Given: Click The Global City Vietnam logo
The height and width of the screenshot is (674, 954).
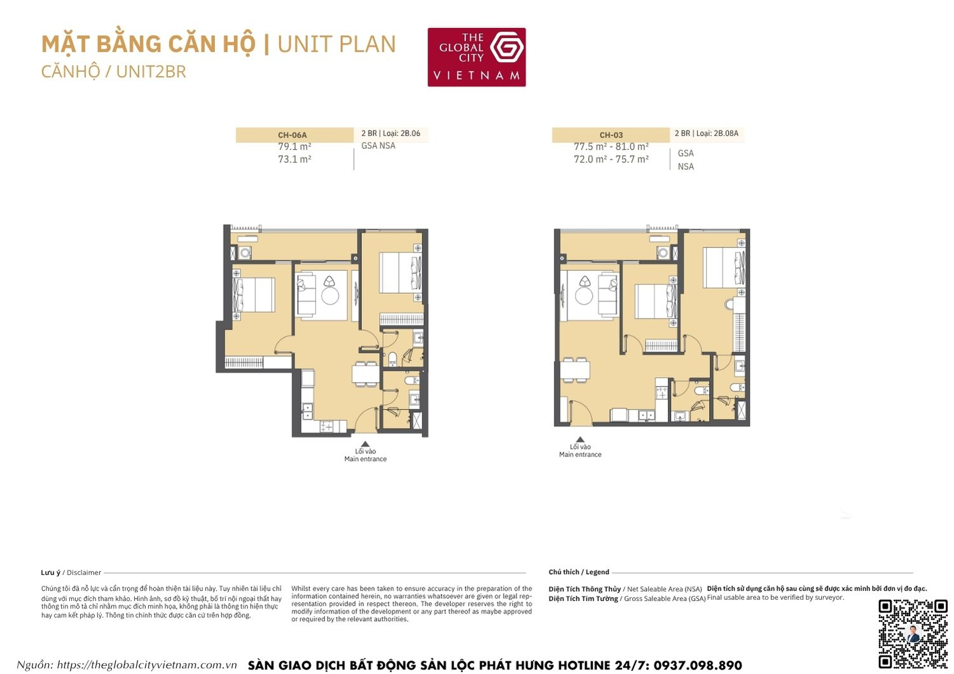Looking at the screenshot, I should [x=476, y=57].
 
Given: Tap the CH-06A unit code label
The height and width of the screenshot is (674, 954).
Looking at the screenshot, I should [x=293, y=135].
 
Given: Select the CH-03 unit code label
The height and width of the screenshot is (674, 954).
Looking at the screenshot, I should [x=611, y=135].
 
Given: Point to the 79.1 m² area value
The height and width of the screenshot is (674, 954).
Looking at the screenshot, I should [x=294, y=147].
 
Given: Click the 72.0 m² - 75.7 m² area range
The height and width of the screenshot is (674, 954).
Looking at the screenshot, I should [x=611, y=160].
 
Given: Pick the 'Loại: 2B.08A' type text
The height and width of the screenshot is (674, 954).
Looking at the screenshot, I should [x=717, y=134].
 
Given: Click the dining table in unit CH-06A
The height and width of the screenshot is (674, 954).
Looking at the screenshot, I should [x=365, y=373].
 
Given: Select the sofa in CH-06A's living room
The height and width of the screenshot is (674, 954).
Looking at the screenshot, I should [x=306, y=294].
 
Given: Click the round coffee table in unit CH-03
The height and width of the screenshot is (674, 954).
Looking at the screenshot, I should [x=584, y=296].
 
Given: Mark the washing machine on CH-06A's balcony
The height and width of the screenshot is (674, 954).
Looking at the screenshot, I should [x=245, y=253].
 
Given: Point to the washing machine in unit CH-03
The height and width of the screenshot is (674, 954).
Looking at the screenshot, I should [x=663, y=253].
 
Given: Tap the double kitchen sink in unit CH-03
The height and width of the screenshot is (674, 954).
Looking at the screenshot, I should [x=646, y=416].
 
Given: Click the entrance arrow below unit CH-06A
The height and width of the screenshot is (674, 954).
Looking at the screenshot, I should [x=365, y=444].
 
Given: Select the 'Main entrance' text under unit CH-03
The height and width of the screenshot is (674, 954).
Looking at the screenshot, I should [x=580, y=455].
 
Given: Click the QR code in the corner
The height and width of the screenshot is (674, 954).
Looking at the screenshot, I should [x=913, y=633].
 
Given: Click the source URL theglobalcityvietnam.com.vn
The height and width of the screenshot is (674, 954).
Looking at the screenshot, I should [x=146, y=665].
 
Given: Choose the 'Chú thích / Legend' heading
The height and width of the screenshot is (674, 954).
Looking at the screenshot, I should [x=579, y=572].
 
